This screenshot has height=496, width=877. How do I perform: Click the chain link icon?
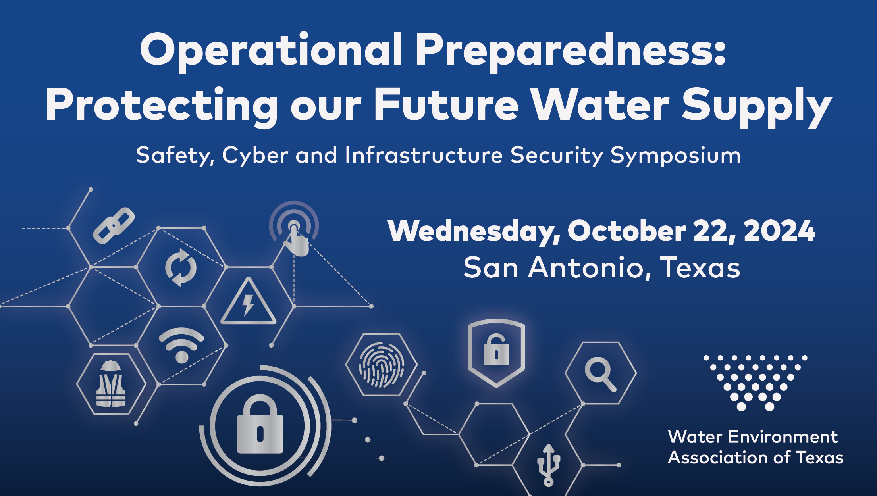coord(114,225)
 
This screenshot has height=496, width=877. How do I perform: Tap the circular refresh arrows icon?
coord(181,267)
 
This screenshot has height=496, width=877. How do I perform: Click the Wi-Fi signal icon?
coord(181,344)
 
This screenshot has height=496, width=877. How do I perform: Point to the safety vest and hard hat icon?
coord(111,384)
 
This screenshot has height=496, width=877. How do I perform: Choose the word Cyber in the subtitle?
coord(255,156)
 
